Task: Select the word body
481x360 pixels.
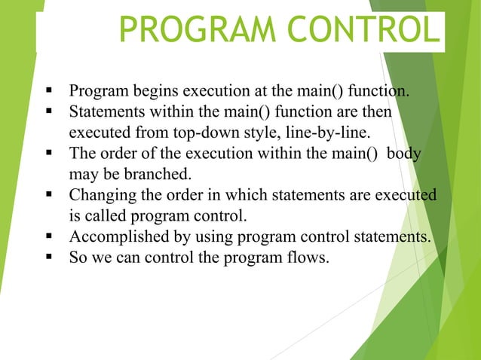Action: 402,154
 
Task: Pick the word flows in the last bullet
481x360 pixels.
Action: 308,257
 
